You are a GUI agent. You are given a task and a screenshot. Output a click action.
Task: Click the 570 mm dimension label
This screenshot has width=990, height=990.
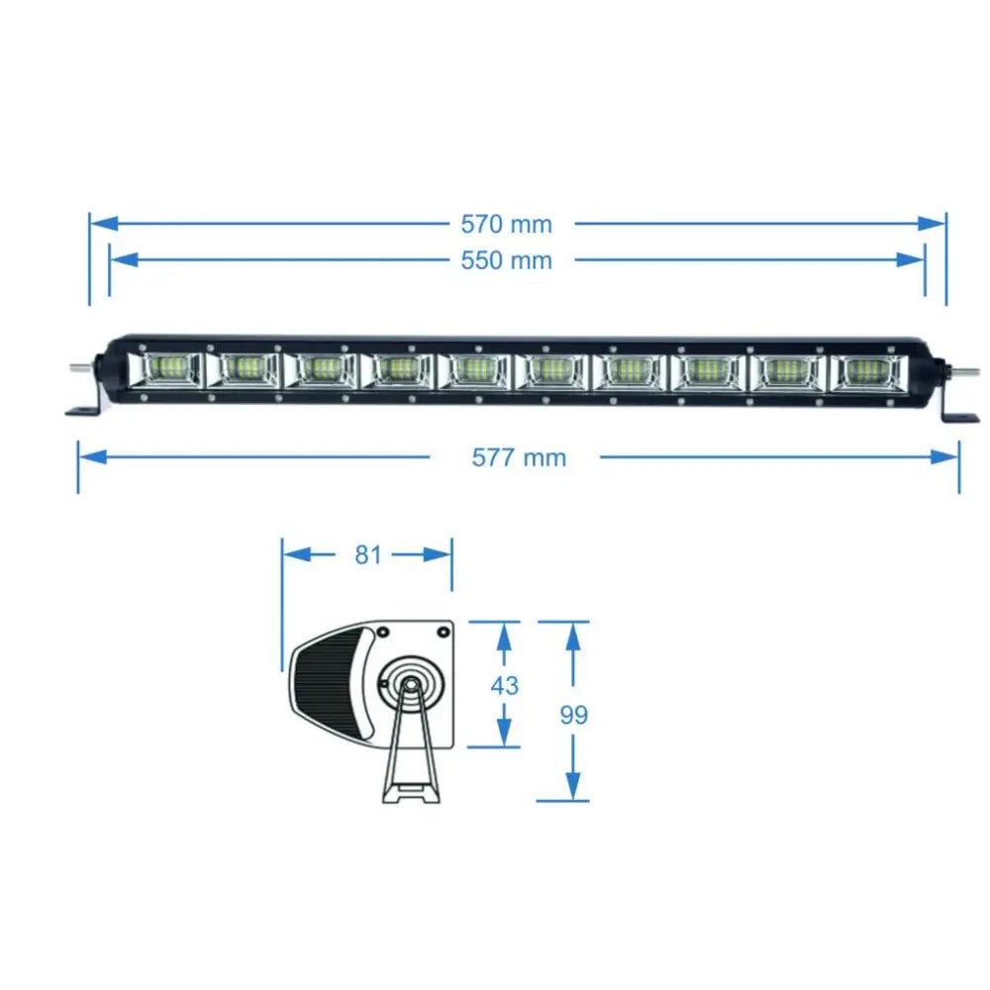pyautogui.click(x=506, y=224)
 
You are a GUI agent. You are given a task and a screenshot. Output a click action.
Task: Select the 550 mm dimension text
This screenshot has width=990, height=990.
pyautogui.click(x=506, y=260)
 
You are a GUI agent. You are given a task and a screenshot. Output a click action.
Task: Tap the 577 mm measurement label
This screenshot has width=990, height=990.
pyautogui.click(x=519, y=457)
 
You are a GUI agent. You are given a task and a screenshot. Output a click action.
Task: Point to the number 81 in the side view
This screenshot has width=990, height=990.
pyautogui.click(x=368, y=554)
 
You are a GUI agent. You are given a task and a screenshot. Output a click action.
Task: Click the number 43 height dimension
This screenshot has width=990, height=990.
pyautogui.click(x=504, y=685)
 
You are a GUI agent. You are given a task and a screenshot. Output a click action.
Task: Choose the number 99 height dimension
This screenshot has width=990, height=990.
pyautogui.click(x=573, y=715)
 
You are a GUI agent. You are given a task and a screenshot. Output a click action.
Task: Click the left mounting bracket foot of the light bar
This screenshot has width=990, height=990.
pyautogui.click(x=83, y=409)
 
